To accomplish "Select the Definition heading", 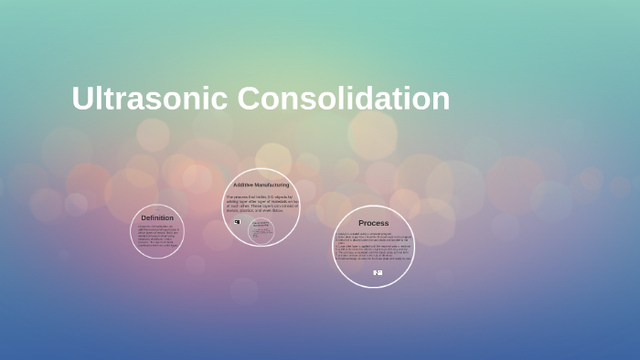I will click(x=157, y=217).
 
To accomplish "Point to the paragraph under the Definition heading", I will click(x=157, y=236).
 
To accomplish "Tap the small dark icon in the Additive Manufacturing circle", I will click(x=237, y=222).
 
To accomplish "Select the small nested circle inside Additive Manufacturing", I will click(x=261, y=230).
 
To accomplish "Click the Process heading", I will click(x=373, y=223).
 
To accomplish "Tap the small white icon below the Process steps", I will click(x=377, y=272).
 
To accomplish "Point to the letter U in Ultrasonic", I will click(x=83, y=99).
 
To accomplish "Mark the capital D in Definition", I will click(x=144, y=217).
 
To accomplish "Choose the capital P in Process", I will click(x=361, y=223).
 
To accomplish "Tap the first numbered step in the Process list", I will click(x=370, y=234).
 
